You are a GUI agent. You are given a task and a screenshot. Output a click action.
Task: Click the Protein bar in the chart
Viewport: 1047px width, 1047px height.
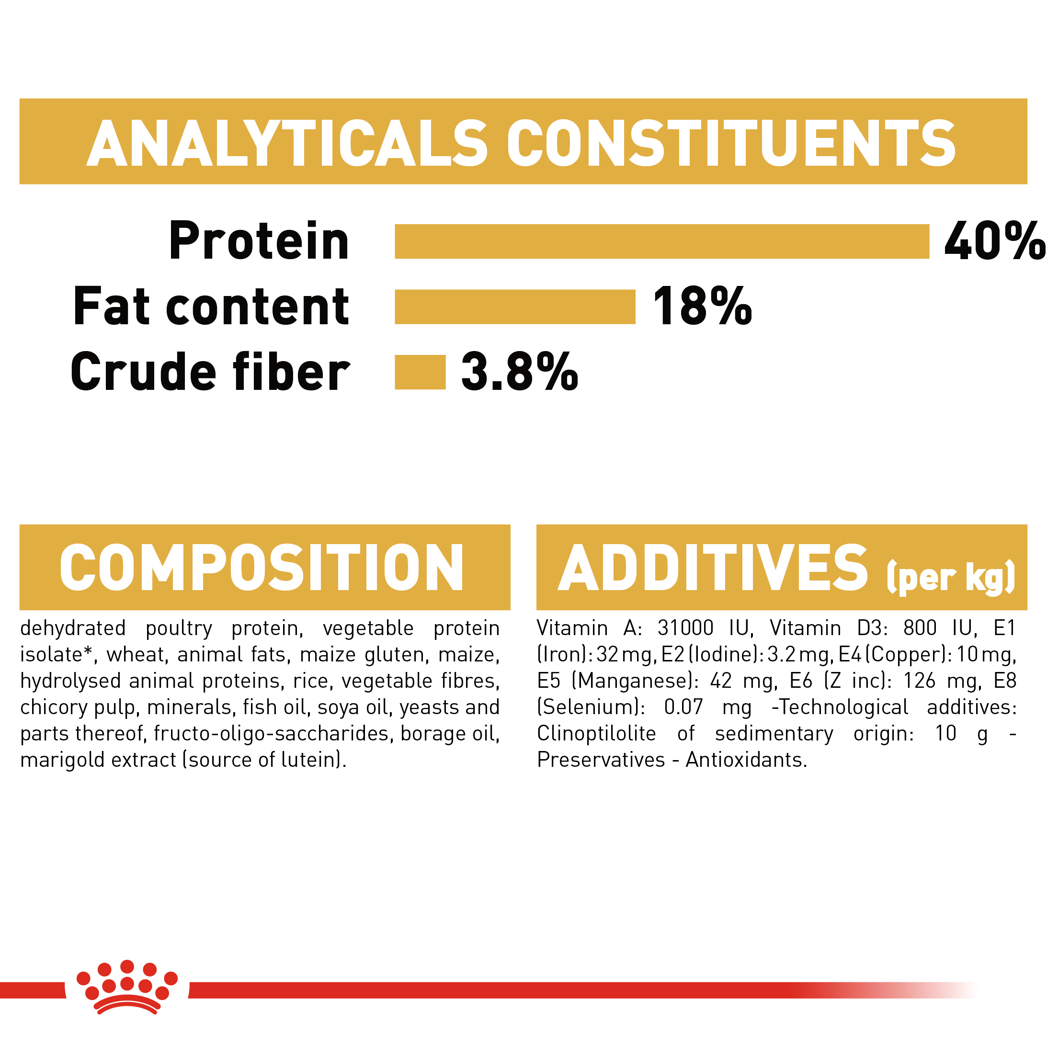click(x=662, y=241)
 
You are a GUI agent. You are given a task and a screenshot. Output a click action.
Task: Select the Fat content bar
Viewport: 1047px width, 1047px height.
click(x=515, y=307)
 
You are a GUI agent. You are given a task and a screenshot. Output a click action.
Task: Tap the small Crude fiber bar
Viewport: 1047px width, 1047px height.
click(x=420, y=372)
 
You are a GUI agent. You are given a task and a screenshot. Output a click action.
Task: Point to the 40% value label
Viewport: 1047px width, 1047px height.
click(x=994, y=241)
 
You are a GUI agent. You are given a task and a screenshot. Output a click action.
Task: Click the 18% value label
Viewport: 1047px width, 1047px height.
click(x=702, y=307)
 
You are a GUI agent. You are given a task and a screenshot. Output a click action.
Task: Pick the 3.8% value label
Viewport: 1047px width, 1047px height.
click(x=520, y=372)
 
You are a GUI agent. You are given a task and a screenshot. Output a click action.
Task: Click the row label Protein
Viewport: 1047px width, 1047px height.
click(x=259, y=241)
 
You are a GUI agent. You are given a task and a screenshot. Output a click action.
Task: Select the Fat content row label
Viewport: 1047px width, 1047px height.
click(x=211, y=307)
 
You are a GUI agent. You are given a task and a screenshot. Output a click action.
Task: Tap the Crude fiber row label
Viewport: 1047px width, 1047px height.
click(x=210, y=372)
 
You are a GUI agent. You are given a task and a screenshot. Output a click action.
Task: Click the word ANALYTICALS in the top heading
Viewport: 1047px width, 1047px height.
click(x=287, y=143)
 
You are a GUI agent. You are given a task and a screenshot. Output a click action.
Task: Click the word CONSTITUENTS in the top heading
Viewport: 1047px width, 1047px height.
click(x=731, y=143)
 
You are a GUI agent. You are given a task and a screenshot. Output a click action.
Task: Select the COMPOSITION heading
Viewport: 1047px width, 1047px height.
click(x=262, y=568)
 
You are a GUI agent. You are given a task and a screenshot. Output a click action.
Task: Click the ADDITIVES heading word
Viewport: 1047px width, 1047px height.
click(x=713, y=568)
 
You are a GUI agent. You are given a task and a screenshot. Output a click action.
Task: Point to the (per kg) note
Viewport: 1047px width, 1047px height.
click(x=951, y=578)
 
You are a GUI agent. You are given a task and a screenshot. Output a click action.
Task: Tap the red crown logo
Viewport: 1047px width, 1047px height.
click(x=127, y=988)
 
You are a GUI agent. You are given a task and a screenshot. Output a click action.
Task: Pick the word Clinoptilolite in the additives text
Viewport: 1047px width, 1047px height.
click(x=597, y=734)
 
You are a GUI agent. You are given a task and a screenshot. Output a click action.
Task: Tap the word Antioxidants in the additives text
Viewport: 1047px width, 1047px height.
click(x=746, y=760)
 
